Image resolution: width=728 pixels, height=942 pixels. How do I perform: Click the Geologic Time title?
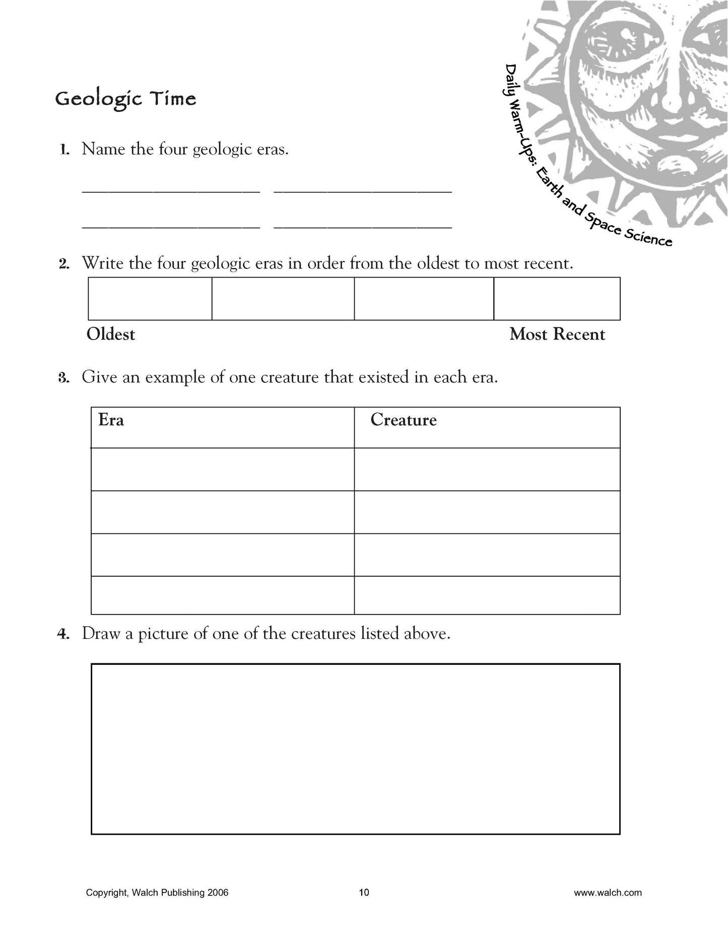[125, 99]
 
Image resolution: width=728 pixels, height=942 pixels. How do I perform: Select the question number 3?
[63, 378]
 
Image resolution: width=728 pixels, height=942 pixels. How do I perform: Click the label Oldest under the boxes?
[111, 334]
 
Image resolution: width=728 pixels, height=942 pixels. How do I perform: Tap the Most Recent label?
[557, 334]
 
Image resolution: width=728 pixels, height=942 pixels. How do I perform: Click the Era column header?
[111, 420]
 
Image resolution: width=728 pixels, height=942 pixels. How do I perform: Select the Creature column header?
[404, 420]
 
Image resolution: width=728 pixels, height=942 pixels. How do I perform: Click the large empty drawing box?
[355, 749]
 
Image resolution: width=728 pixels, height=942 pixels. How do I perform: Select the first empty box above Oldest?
[150, 299]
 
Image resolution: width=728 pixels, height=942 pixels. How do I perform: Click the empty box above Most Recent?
[557, 299]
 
